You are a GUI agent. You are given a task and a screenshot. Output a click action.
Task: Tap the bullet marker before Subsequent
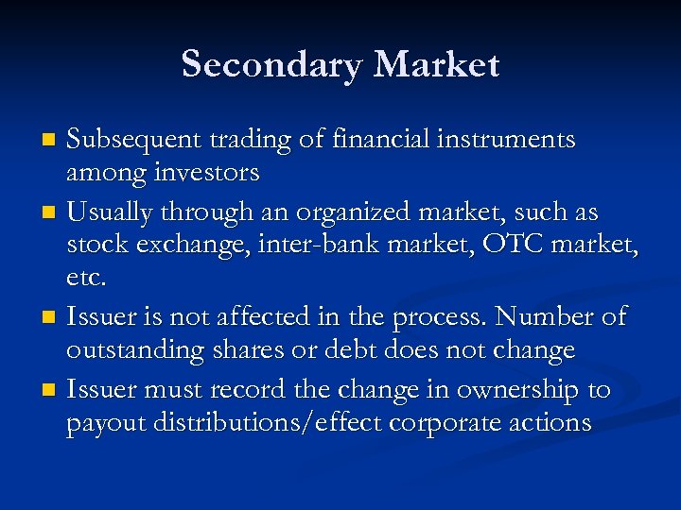51,142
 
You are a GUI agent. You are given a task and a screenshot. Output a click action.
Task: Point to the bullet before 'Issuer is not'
51,317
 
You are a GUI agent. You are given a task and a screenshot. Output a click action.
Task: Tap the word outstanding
126,349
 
